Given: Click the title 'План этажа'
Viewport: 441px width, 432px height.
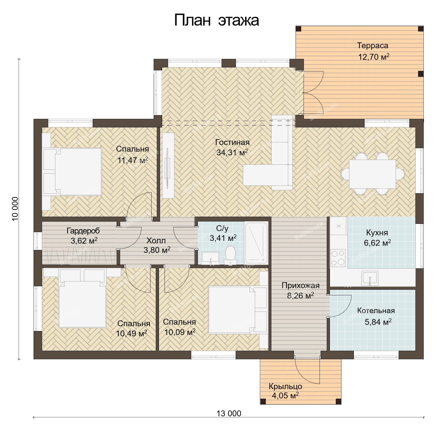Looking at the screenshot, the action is point(216,20).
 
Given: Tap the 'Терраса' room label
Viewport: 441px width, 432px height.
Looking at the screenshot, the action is point(373,46).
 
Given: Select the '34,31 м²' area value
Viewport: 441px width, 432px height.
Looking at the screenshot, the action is point(232,152).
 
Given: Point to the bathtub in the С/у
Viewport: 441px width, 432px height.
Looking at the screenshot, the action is point(256,243).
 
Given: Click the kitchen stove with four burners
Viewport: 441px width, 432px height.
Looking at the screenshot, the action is point(338,258).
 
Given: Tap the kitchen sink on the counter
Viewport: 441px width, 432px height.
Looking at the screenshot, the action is point(370,278).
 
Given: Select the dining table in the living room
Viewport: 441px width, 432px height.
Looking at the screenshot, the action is point(372,174).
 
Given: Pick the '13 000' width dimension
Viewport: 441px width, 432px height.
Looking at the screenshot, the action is point(229,414).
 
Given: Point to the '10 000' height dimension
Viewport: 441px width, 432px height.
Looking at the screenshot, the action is point(15,209).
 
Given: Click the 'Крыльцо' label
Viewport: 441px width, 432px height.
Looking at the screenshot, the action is point(285,386).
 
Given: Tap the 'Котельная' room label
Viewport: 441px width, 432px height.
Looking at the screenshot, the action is point(376,311).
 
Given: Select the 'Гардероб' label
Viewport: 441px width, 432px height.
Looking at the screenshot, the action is point(83,231).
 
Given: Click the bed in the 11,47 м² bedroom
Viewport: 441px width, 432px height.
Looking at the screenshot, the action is point(72,172).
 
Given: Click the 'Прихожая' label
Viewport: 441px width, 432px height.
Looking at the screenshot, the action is point(300,286).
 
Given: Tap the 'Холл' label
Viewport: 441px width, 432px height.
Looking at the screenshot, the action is point(156,241).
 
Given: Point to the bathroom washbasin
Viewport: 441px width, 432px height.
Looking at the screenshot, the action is point(210,258).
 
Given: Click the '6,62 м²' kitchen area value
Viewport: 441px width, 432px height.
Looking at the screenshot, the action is point(377,243).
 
